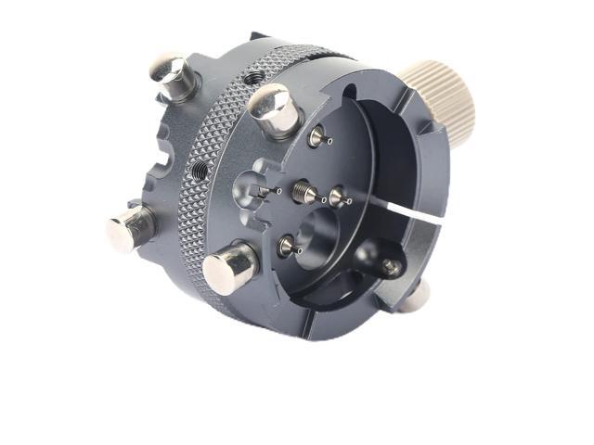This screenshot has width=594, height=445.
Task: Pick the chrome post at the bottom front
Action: click(228, 268)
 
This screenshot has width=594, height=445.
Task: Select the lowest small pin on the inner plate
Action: click(288, 246)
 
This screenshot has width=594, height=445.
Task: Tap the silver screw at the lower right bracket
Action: click(391, 267)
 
